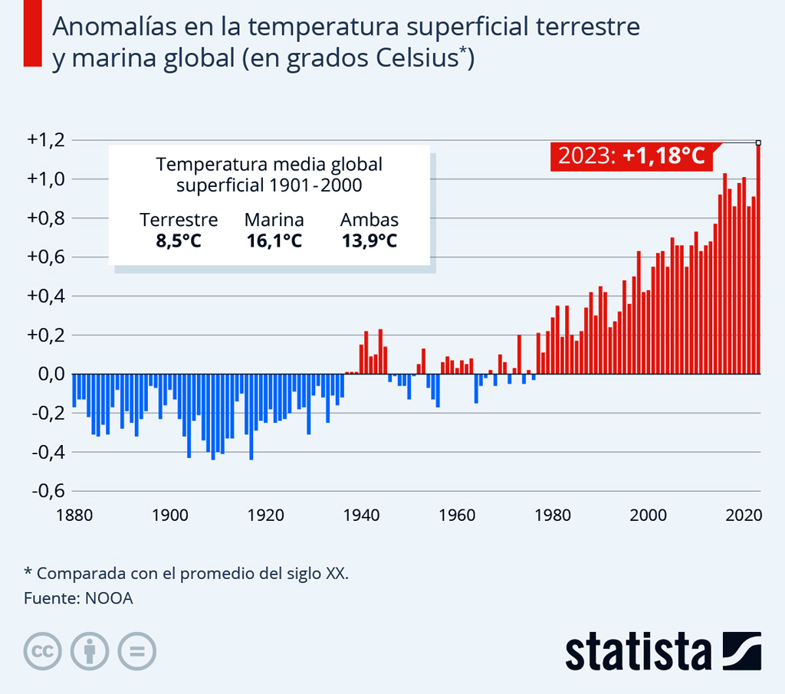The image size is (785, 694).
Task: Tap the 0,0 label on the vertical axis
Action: pos(47,375)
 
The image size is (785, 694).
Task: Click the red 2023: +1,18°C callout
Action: pos(631,156)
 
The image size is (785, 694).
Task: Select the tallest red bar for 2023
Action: pos(758,260)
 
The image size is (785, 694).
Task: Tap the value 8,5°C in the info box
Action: pos(179,241)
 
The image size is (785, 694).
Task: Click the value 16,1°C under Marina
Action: pos(274,241)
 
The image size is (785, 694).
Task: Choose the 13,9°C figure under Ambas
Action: pos(369,241)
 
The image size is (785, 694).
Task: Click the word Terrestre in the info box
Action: pos(179,221)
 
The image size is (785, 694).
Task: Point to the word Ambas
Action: pos(369,221)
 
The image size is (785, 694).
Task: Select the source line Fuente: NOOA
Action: pos(78,598)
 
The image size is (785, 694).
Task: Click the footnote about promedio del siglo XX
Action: pos(186,573)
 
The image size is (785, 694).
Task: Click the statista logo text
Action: pos(638,651)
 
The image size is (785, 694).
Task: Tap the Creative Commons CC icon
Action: pos(42,652)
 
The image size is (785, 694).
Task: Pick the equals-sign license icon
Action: pos(137,652)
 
